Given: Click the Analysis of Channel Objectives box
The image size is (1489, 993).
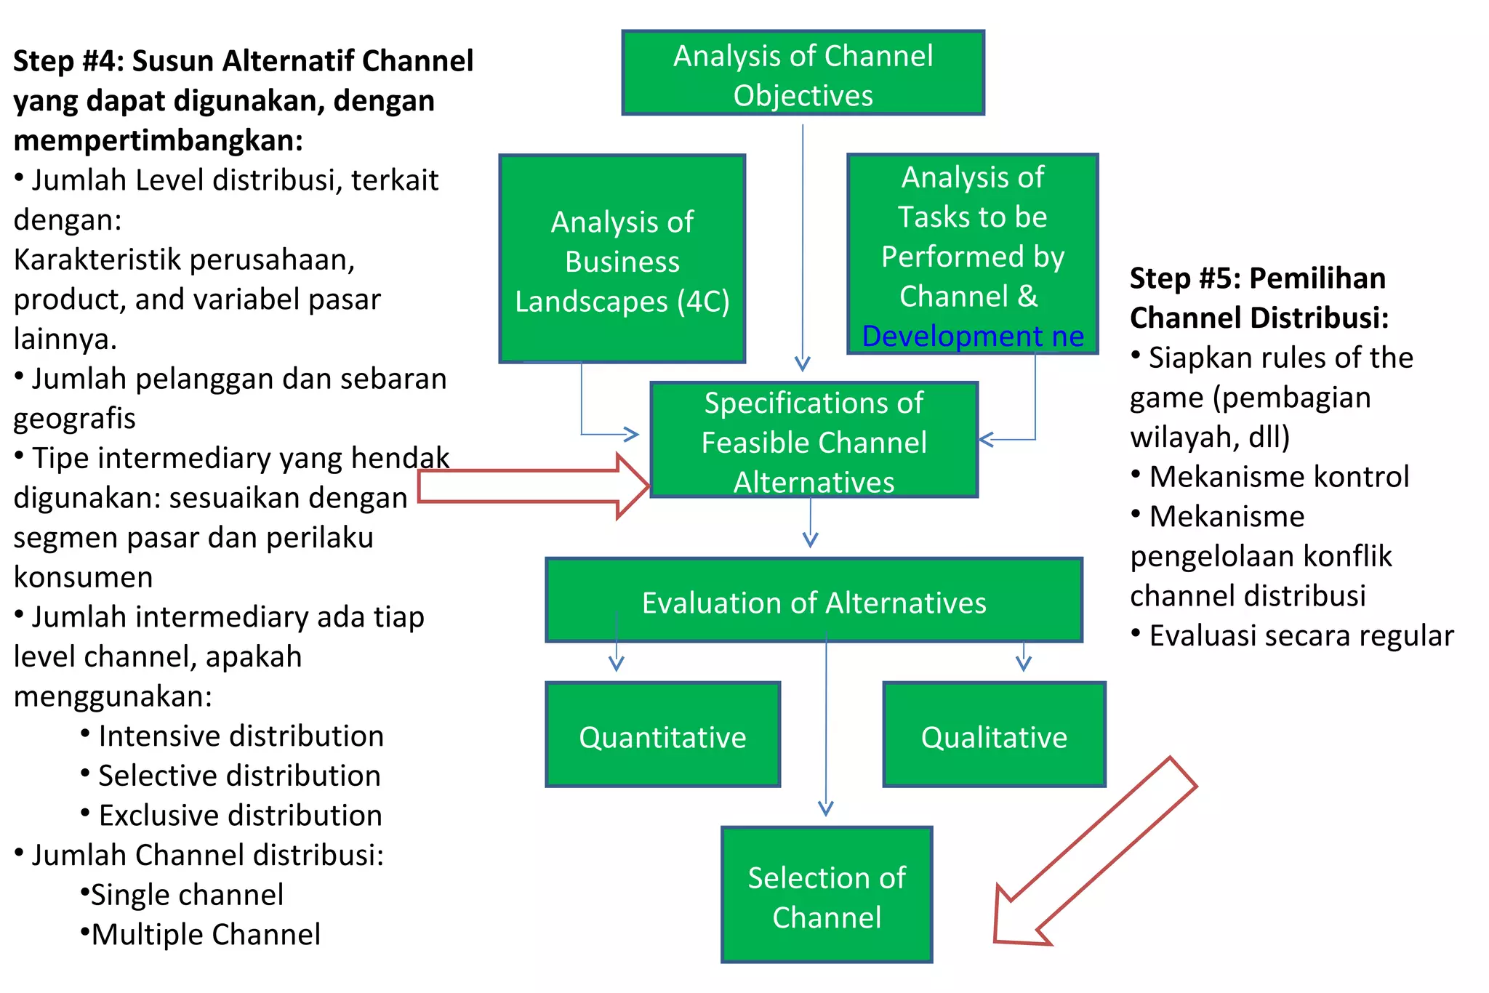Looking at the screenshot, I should pos(803,73).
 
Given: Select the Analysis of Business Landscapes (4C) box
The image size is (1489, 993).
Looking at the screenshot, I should pos(622,260).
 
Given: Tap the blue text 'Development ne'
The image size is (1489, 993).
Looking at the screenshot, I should pos(972,337).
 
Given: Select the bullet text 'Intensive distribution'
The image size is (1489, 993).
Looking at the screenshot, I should pos(241,736).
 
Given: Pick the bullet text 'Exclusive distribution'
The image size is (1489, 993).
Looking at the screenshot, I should pos(240,815).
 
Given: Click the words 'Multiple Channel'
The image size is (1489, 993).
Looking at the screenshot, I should pos(206,934).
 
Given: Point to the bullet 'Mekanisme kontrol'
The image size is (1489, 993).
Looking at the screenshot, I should pos(1278,477).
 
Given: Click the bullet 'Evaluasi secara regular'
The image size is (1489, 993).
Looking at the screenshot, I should pos(1301,635).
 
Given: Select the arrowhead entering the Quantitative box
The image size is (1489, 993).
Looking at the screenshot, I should pos(617,664).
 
